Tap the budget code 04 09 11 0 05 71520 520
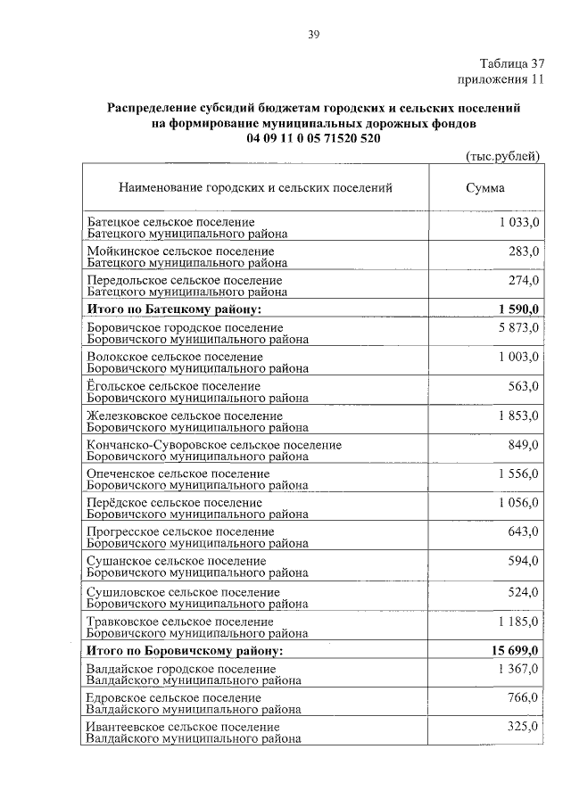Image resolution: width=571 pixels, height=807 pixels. coord(314,139)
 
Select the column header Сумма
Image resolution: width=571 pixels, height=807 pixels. coord(484,188)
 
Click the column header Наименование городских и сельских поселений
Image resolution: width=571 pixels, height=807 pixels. coord(255,188)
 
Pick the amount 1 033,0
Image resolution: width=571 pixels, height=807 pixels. coord(518,221)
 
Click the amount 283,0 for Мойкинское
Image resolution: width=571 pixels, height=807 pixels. coord(524,251)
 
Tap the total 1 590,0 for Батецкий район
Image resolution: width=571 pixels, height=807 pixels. coord(516,309)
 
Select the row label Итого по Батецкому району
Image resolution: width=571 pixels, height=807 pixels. coord(174,309)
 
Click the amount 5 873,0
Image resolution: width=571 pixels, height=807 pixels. coord(518,328)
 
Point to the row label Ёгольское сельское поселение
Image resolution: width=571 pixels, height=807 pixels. coord(174,386)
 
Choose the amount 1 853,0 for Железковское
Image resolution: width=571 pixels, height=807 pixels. coord(518,415)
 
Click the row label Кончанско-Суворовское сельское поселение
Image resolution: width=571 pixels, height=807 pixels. coord(214,444)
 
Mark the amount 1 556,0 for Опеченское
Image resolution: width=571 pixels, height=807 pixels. coord(518,473)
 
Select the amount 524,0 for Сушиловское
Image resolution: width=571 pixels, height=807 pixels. coord(524,591)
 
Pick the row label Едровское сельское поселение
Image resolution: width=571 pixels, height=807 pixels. coord(174,697)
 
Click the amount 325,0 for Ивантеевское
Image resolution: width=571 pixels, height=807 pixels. coord(524,727)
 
